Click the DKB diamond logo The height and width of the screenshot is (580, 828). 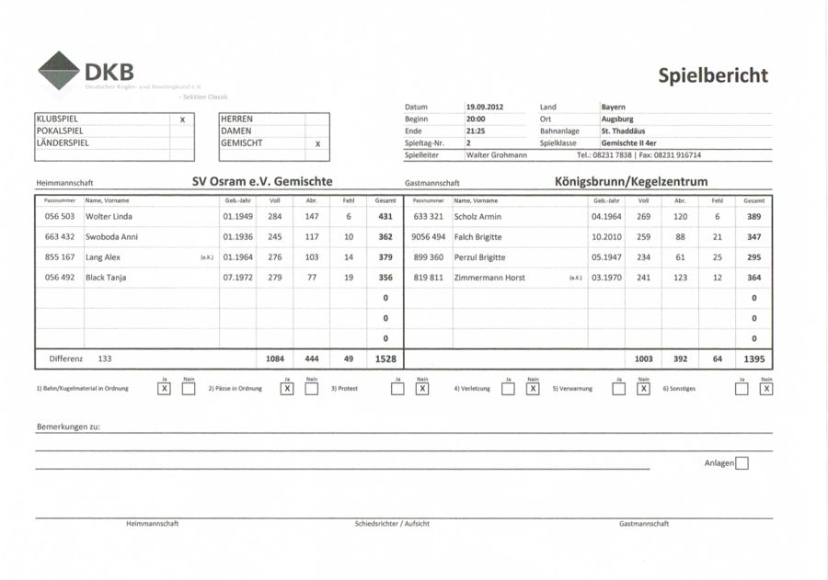[x=59, y=70]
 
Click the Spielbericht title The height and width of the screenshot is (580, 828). [x=713, y=75]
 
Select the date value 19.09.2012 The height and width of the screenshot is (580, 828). [x=485, y=108]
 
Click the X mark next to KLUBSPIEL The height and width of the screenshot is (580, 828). [x=182, y=119]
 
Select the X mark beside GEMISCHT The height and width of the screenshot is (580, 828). [x=316, y=143]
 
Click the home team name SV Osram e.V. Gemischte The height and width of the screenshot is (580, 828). [x=262, y=182]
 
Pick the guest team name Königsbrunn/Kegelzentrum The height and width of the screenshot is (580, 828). [x=631, y=182]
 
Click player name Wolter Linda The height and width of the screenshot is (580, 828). [x=109, y=217]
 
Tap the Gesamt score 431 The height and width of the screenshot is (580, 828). [x=385, y=217]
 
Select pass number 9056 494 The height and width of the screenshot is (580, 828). [x=429, y=237]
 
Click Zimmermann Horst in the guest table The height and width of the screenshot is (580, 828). [x=490, y=278]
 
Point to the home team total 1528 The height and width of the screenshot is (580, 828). [x=385, y=359]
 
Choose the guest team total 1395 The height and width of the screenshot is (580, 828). [x=753, y=359]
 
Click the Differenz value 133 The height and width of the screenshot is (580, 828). [x=105, y=358]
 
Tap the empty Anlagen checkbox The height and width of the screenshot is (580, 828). [x=742, y=463]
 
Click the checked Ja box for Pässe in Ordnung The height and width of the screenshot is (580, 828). [x=287, y=389]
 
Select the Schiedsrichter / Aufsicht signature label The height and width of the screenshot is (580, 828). [x=392, y=524]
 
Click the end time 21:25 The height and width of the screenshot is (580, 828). [x=476, y=131]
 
